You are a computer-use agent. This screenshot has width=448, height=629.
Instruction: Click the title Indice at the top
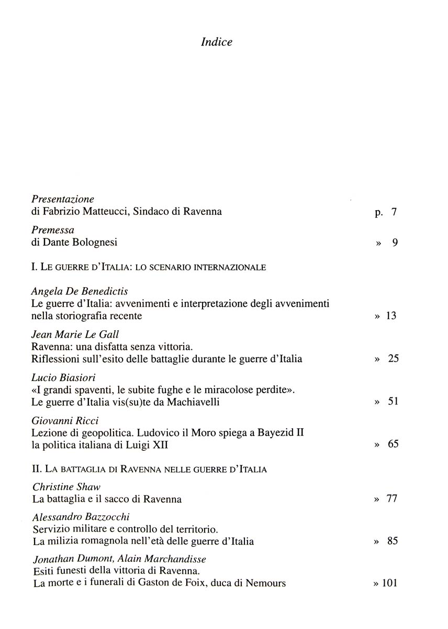[x=216, y=42]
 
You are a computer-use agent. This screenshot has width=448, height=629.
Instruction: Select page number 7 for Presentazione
[x=394, y=212]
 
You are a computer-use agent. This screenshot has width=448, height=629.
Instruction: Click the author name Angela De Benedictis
[x=80, y=291]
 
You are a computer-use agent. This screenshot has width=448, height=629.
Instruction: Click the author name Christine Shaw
[x=66, y=487]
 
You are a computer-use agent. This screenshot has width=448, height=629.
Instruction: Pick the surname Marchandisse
[x=162, y=559]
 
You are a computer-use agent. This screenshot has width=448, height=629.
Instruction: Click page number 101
[x=389, y=583]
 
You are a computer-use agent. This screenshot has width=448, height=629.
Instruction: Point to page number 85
[x=393, y=541]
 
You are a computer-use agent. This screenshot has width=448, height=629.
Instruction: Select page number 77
[x=392, y=498]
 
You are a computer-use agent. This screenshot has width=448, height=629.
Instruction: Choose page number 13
[x=391, y=316]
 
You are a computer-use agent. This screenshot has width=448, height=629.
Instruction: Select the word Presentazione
[x=63, y=199]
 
